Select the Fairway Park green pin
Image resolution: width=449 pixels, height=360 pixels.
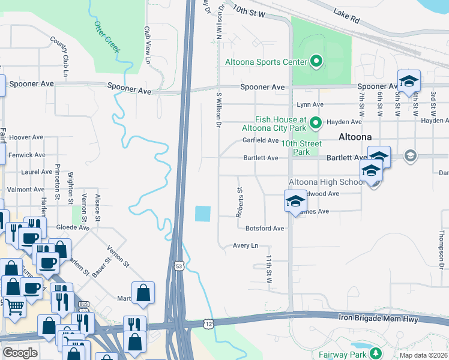376,353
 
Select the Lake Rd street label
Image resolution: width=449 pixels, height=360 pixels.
348,17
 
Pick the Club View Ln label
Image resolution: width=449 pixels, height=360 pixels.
146,44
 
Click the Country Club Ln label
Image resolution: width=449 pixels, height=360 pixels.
61,52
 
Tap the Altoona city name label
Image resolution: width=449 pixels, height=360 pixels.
355,136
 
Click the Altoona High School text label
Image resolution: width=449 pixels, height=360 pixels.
323,182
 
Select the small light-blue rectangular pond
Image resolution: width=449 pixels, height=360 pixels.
203,213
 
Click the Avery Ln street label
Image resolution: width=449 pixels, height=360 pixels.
245,245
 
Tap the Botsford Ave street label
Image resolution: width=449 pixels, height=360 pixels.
264,229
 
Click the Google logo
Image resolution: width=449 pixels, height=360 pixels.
20,353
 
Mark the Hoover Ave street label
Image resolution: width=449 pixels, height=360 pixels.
27,137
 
